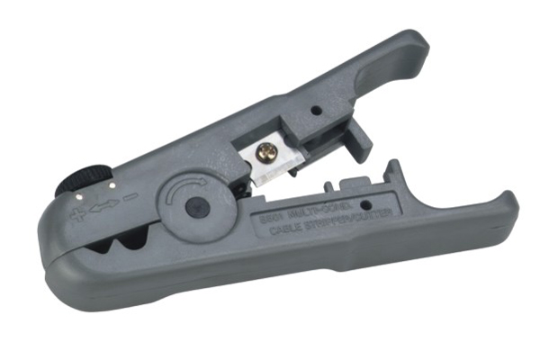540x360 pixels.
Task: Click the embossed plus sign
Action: pyautogui.click(x=77, y=214)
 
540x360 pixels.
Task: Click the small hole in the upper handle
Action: pyautogui.click(x=316, y=111)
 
